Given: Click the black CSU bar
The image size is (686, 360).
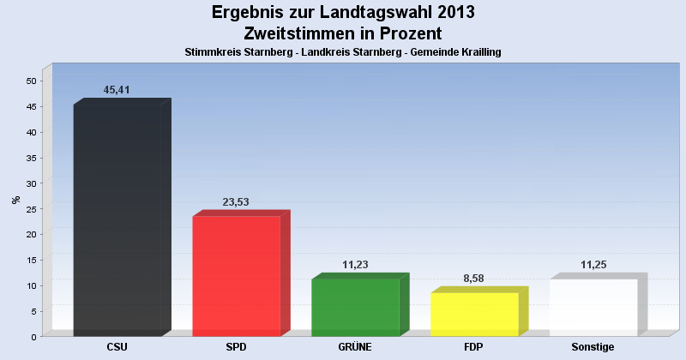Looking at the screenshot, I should coord(117,219).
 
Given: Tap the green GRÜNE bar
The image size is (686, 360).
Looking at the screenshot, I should coord(355,306).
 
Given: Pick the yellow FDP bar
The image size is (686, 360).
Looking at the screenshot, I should coord(474,313).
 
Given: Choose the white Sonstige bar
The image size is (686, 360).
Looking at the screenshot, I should coord(593,306).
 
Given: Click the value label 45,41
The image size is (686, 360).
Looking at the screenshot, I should coord(117,90).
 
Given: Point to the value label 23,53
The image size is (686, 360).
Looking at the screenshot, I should coord(236,202).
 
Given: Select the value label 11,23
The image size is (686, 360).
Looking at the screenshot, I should coord(355,265).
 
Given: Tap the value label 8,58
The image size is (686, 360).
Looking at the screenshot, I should coord(474,279).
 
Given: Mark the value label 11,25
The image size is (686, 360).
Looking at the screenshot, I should coord(593,265).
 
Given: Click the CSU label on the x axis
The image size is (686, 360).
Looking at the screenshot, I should coord(117,347).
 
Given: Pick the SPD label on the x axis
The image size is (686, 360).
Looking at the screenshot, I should coord(236,347).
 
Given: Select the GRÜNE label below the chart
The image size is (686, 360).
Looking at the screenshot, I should coord(355,347).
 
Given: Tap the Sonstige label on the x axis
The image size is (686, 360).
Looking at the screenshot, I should coord(593,347).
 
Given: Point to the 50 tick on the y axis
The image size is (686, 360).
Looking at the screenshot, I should coord(31,81).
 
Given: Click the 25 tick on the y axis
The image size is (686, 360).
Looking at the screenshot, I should coord(31,209).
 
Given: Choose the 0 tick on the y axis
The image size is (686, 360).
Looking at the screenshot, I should coord(33,337).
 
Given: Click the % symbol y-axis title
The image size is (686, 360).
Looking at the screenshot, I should coord(15,200).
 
